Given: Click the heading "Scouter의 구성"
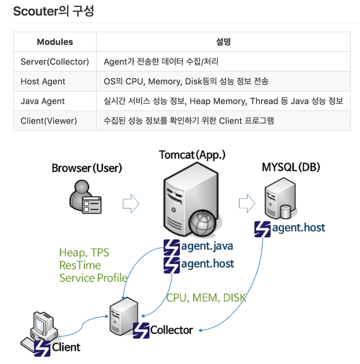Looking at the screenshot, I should (54, 11).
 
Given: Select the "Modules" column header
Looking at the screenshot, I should (55, 42).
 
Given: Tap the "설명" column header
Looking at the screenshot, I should (223, 42).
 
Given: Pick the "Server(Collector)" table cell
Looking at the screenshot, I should (55, 62).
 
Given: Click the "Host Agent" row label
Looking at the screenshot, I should (43, 81).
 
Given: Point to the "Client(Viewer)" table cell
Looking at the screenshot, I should (49, 121).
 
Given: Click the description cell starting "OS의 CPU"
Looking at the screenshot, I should (186, 81).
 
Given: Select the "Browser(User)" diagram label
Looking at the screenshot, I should (87, 168).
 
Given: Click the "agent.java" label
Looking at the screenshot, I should (206, 246).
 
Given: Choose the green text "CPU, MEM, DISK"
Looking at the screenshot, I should (206, 298).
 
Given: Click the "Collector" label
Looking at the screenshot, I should (171, 330).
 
